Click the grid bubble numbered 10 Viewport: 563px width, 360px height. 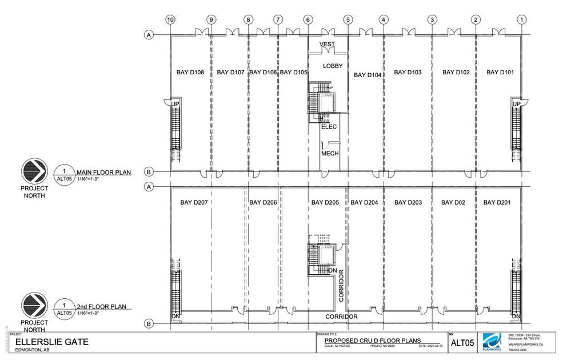(x=170, y=19)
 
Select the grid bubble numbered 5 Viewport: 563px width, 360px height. (x=348, y=19)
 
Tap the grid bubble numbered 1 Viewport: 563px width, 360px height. (x=521, y=19)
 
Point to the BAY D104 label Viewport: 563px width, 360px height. (x=368, y=75)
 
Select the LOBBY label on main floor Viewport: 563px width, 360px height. (x=333, y=66)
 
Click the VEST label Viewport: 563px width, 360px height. (x=327, y=44)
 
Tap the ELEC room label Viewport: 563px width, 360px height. (x=329, y=127)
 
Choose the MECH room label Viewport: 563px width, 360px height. (x=330, y=154)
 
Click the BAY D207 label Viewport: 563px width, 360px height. (x=194, y=202)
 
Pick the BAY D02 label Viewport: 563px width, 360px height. (x=456, y=202)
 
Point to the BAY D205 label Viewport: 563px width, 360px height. (x=325, y=202)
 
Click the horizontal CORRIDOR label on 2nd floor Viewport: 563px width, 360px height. (x=341, y=317)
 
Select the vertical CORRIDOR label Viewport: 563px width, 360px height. (x=341, y=285)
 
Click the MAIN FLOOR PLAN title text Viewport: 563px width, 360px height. (x=103, y=171)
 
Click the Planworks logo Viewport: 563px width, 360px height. (x=493, y=345)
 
